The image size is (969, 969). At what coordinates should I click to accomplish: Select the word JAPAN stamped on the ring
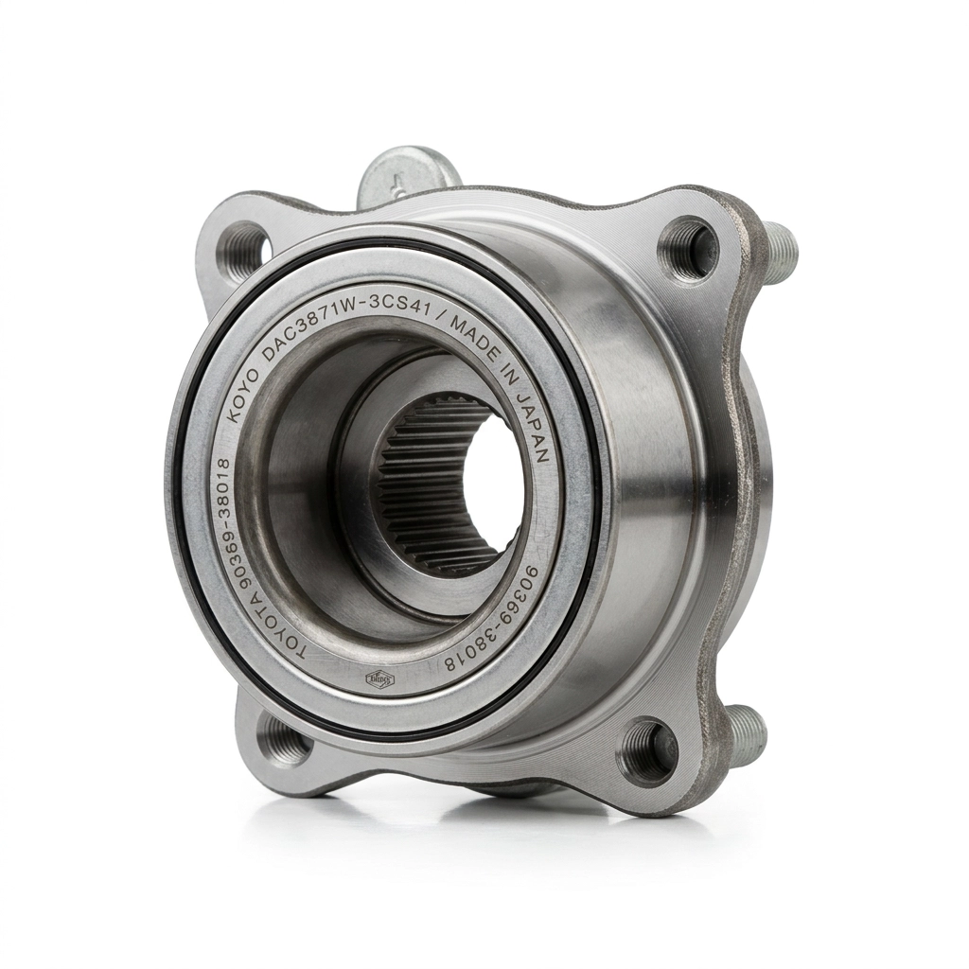pyautogui.click(x=536, y=426)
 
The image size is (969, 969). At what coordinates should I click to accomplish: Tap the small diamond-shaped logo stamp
pyautogui.click(x=379, y=678)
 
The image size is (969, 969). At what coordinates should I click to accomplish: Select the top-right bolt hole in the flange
pyautogui.click(x=688, y=249)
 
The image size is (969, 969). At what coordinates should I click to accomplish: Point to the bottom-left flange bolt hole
pyautogui.click(x=283, y=741)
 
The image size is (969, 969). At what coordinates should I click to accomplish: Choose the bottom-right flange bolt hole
pyautogui.click(x=647, y=753)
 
